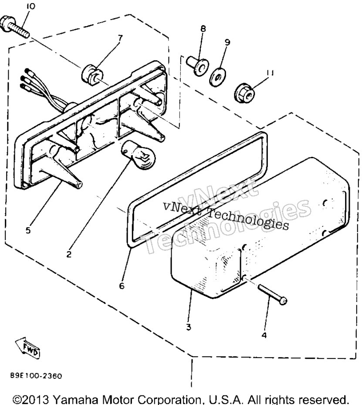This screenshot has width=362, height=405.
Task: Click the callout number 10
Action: (31, 6)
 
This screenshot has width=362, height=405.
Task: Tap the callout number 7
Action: (120, 38)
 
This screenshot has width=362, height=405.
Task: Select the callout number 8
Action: (203, 28)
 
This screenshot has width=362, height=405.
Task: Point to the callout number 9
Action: (227, 42)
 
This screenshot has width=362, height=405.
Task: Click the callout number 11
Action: (270, 73)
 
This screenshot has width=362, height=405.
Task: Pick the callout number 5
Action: (28, 230)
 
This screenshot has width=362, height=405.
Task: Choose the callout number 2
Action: (69, 254)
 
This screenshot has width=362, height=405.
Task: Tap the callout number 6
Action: (122, 286)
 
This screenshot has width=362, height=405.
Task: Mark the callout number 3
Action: (189, 327)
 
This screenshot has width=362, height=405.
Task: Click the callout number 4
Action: (264, 335)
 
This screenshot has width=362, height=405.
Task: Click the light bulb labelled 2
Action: (139, 155)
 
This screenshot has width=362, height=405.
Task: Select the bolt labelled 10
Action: (14, 26)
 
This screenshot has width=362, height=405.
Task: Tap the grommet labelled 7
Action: (91, 74)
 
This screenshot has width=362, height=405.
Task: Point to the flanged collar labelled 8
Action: (198, 66)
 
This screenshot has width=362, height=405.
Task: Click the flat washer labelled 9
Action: (217, 77)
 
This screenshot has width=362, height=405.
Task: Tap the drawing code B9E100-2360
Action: (36, 375)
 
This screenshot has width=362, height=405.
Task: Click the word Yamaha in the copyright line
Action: (77, 399)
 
